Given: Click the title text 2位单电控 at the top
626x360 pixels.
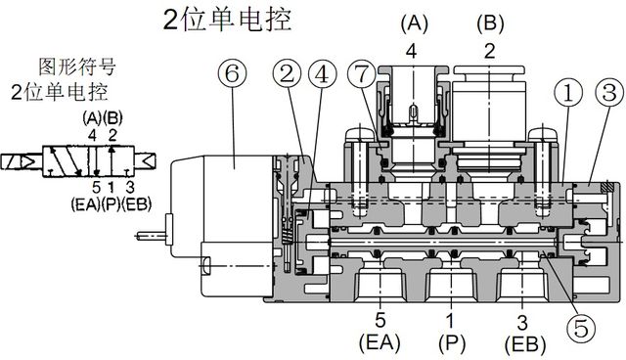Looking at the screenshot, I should [227, 19].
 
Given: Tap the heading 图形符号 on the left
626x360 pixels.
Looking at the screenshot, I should [76, 68].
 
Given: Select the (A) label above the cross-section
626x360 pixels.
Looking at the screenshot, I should [415, 22].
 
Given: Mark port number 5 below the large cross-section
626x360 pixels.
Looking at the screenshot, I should [380, 320].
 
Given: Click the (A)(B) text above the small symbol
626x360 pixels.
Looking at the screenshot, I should [102, 117].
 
